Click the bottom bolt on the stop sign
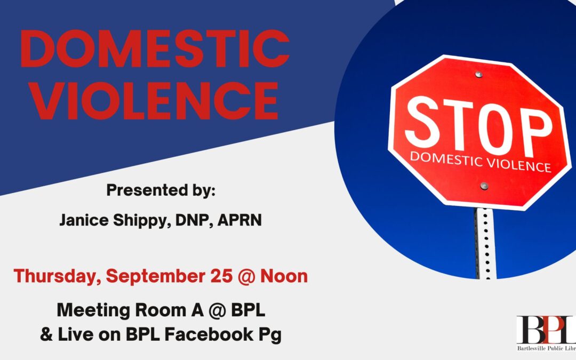[484, 186]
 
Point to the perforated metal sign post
[484, 243]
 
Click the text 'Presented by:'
[160, 190]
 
